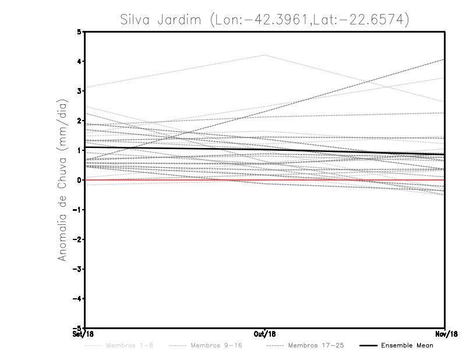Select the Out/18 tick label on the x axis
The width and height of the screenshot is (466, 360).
coord(264,334)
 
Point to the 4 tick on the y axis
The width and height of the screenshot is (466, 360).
coord(79,61)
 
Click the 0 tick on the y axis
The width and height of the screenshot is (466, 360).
coord(79,180)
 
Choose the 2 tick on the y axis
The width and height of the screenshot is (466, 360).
coord(79,121)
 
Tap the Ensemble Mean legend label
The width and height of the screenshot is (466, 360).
coord(407,345)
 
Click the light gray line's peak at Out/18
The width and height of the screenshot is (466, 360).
coord(264,55)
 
